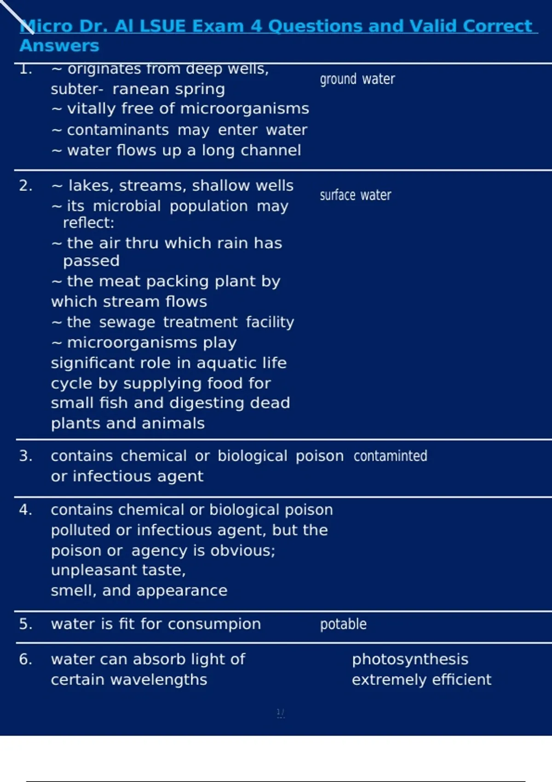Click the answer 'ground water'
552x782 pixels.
click(x=357, y=79)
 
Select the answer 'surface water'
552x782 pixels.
click(x=356, y=195)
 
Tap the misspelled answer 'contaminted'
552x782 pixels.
click(x=390, y=456)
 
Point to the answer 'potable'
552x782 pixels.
click(x=343, y=624)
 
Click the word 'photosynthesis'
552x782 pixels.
click(x=410, y=659)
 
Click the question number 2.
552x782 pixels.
click(x=25, y=185)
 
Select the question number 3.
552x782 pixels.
click(x=25, y=456)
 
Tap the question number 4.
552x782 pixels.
click(x=25, y=510)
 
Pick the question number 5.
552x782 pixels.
click(x=25, y=624)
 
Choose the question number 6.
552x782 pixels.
click(x=25, y=659)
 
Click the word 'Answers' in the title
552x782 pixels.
click(x=59, y=46)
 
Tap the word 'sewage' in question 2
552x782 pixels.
click(x=127, y=322)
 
